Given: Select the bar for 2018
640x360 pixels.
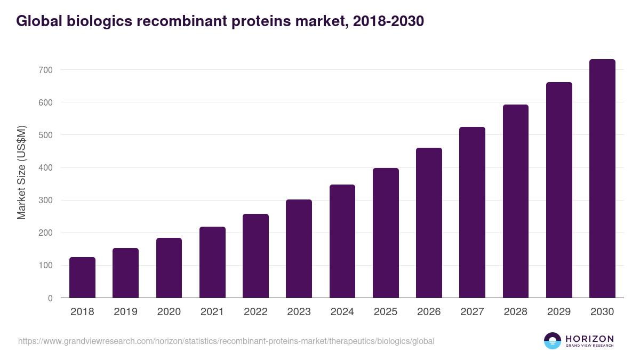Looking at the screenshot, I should (x=82, y=277).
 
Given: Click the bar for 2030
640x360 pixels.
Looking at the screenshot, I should (x=602, y=179).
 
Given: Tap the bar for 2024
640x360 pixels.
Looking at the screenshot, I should (x=342, y=241).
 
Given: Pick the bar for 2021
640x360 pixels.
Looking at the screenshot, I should (x=212, y=262).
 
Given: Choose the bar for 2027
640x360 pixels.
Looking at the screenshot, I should (x=473, y=212).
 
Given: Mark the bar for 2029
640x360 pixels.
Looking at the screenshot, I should (x=559, y=190).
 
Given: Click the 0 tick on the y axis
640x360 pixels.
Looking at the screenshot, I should (x=50, y=298).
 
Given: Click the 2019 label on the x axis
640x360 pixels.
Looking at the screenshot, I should (x=125, y=312).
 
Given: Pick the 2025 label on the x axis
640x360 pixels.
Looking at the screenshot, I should (x=386, y=312).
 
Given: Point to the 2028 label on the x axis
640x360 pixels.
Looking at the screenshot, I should (x=516, y=312).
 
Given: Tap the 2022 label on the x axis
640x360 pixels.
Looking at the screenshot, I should (x=255, y=312).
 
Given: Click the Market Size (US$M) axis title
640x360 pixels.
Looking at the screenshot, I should (x=21, y=172).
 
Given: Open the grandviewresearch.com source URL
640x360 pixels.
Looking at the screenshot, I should (x=226, y=341).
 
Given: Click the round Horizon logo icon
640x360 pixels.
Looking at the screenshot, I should (x=553, y=341).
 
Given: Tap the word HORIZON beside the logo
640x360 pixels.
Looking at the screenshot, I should (x=589, y=338).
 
